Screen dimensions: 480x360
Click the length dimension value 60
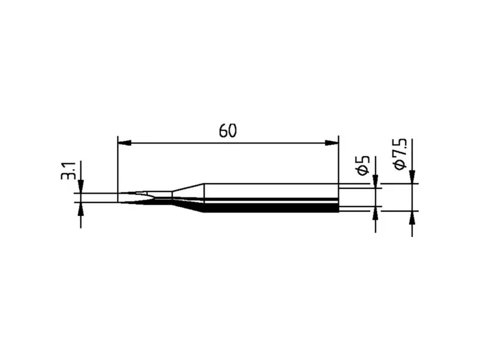228,131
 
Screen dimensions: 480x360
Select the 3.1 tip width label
68,171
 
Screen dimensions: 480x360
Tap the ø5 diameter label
364,166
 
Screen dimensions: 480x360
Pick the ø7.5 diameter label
400,154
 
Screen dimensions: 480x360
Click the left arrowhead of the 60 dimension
124,143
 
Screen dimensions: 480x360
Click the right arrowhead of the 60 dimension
332,143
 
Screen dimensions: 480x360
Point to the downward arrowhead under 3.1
81,187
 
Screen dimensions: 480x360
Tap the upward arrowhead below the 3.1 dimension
81,209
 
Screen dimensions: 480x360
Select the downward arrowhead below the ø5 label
376,181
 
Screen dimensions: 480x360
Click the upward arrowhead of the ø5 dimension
376,214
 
